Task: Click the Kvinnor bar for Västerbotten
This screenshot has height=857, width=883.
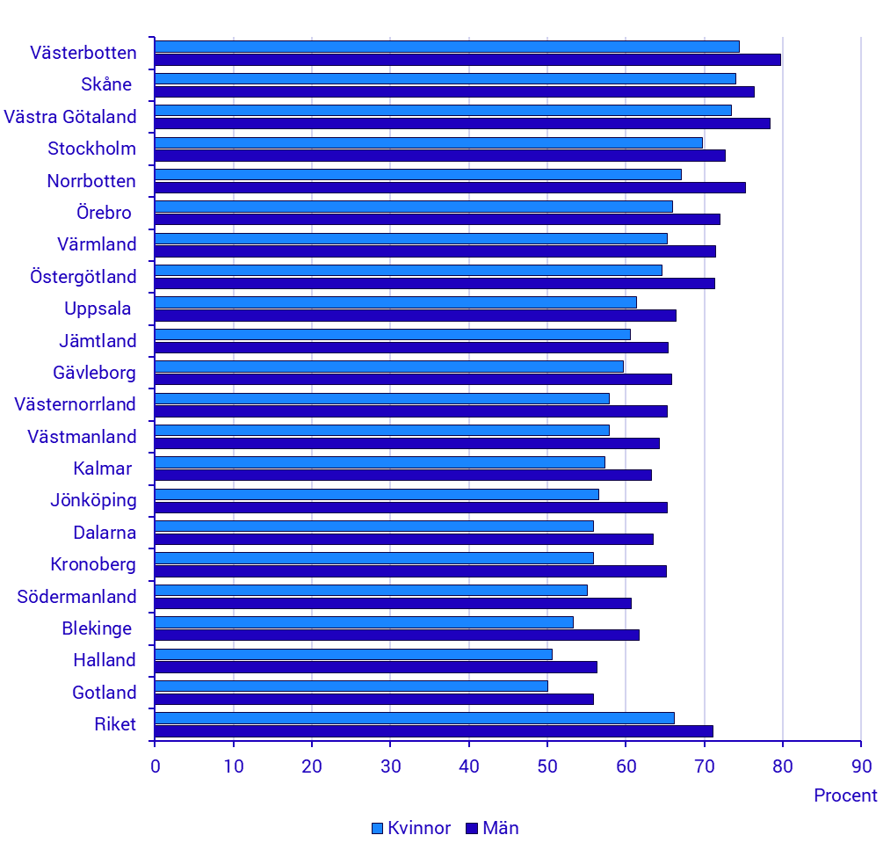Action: (446, 47)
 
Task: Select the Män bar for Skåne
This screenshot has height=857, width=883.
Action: (454, 91)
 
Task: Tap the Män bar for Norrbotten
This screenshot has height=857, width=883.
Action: (450, 187)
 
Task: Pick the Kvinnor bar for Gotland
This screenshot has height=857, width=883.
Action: (351, 686)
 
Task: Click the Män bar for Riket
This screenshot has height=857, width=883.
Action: (434, 731)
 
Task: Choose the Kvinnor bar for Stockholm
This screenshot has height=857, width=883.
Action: (429, 142)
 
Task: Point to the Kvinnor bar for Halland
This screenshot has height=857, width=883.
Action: (353, 654)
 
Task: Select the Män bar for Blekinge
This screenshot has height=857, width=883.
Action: (397, 635)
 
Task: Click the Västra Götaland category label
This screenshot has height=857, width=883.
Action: (70, 117)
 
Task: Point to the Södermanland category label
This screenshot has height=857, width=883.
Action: (77, 597)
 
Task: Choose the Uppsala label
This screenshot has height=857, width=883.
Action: (98, 309)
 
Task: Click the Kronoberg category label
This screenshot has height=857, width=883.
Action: (93, 564)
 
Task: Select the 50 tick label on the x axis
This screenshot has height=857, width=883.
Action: (547, 766)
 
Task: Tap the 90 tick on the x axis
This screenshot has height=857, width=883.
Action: (861, 766)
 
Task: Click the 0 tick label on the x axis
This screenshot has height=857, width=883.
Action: (156, 766)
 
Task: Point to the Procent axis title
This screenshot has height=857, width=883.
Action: (845, 795)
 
